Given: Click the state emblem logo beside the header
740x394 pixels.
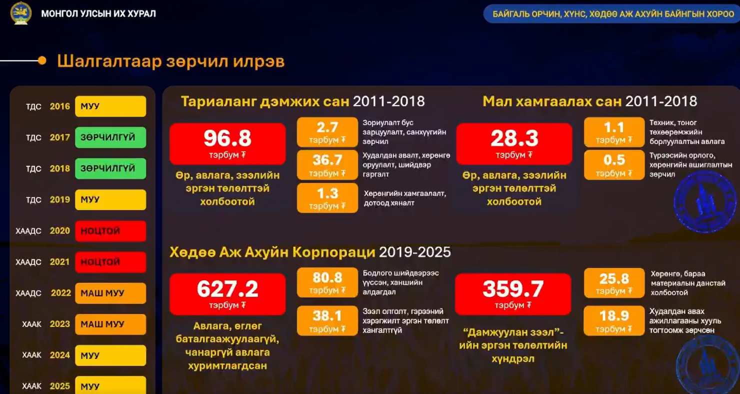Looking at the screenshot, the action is pyautogui.click(x=21, y=13).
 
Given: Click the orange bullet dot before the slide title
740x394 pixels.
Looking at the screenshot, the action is pyautogui.click(x=42, y=60).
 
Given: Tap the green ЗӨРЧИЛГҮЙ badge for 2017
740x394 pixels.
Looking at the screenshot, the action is pyautogui.click(x=110, y=137).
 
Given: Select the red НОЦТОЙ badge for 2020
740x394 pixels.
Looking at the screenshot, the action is pyautogui.click(x=110, y=230).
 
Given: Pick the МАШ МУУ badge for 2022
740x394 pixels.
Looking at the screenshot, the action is pyautogui.click(x=110, y=293).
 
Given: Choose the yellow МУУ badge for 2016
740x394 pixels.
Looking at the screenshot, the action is pyautogui.click(x=110, y=106).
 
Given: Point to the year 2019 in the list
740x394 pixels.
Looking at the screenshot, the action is pyautogui.click(x=60, y=199).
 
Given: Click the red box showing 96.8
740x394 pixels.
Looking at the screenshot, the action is pyautogui.click(x=227, y=143).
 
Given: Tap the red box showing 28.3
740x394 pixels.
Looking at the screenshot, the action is pyautogui.click(x=514, y=143).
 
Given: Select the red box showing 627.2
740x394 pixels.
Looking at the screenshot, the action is pyautogui.click(x=227, y=294).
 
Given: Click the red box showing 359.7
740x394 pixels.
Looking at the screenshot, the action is pyautogui.click(x=513, y=294).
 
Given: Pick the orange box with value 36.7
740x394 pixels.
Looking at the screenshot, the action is pyautogui.click(x=327, y=165).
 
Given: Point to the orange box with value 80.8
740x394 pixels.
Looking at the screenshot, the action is pyautogui.click(x=327, y=282).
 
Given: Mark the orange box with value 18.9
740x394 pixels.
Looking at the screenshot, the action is pyautogui.click(x=614, y=320).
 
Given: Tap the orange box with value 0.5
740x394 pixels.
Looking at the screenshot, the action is pyautogui.click(x=614, y=165).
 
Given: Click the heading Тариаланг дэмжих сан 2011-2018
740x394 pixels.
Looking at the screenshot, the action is pyautogui.click(x=303, y=101).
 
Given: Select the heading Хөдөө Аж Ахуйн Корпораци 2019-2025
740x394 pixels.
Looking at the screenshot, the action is pyautogui.click(x=310, y=252).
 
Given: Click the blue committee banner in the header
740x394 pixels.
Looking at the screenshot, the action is pyautogui.click(x=611, y=14).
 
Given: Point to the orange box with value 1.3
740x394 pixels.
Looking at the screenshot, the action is pyautogui.click(x=327, y=198).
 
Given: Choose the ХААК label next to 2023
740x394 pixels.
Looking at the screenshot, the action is pyautogui.click(x=31, y=324).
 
